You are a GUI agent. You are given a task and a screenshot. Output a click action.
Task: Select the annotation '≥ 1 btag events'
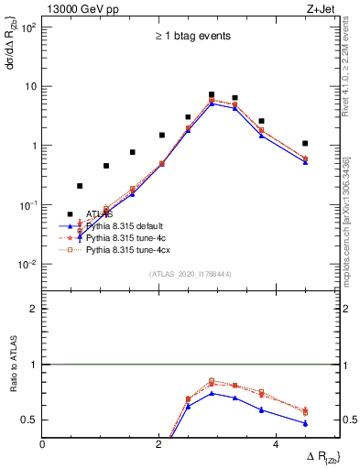click(x=191, y=37)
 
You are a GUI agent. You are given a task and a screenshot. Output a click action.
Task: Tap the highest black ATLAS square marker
click(x=212, y=94)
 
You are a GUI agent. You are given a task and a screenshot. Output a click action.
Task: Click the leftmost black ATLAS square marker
click(x=80, y=186)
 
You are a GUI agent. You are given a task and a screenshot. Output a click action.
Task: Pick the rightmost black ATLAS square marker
click(x=305, y=143)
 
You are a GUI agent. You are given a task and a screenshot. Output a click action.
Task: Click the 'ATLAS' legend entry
click(x=99, y=214)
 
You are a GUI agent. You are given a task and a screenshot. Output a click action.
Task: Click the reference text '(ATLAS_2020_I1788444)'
click(x=191, y=273)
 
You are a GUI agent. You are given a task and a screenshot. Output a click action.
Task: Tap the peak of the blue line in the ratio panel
click(x=212, y=393)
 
